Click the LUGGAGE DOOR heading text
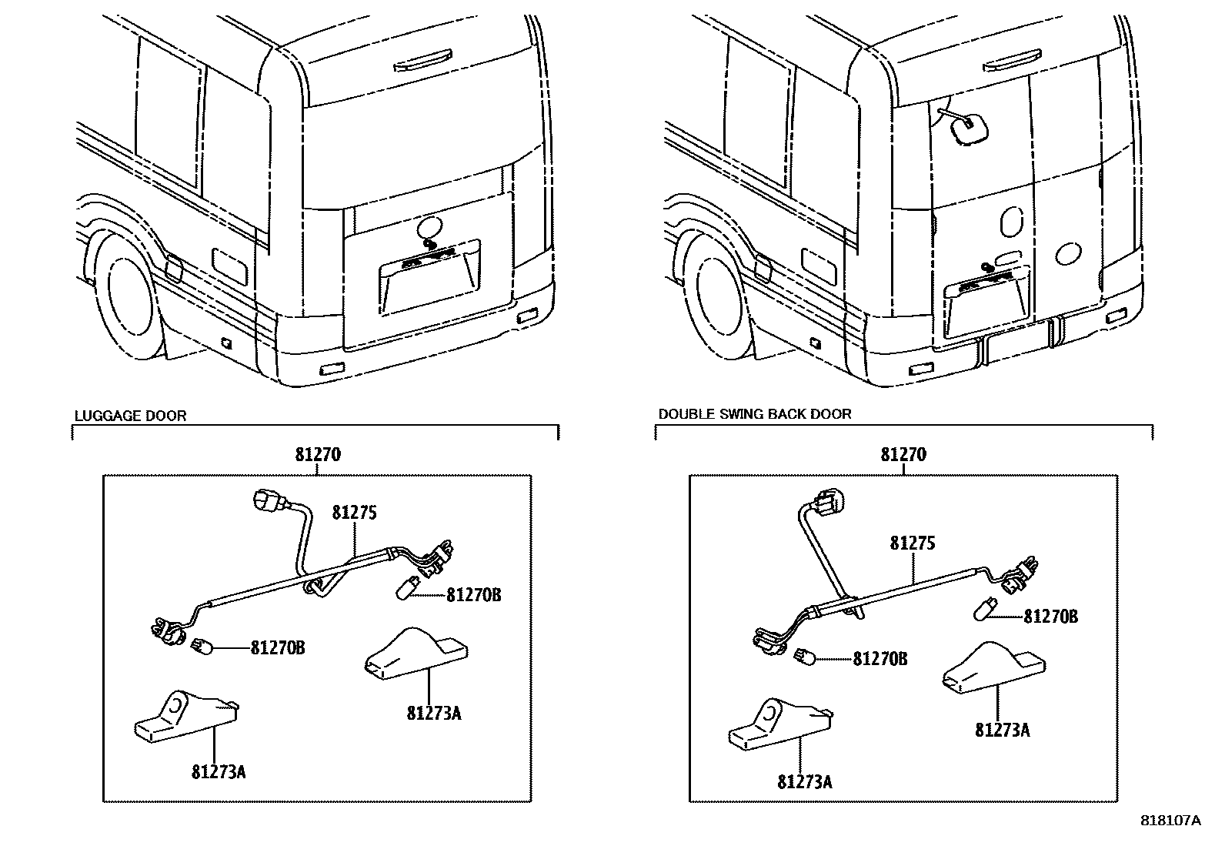pos(130,416)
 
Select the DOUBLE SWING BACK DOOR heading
pos(754,414)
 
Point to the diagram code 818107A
pos(1170,821)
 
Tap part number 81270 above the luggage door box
pos(317,454)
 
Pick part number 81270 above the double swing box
pos(903,454)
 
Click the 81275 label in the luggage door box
pos(355,513)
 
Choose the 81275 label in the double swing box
pos(913,543)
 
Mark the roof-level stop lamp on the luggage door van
pos(422,62)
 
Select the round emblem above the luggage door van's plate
pos(429,226)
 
